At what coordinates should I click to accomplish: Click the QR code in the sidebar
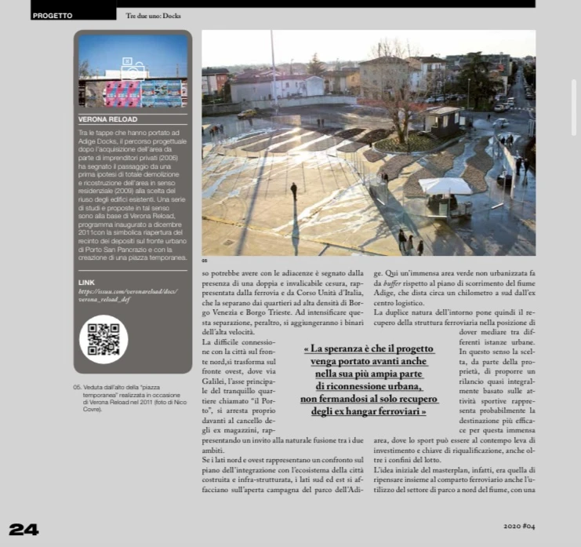click(x=103, y=338)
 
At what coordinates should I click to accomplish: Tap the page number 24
click(x=24, y=528)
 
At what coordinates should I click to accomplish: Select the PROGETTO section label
click(x=53, y=15)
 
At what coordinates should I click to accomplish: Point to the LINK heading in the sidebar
click(x=86, y=281)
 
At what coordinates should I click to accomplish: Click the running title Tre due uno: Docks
click(x=154, y=15)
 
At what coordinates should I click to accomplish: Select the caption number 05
click(x=78, y=387)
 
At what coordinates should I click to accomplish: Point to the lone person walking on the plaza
click(x=294, y=191)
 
